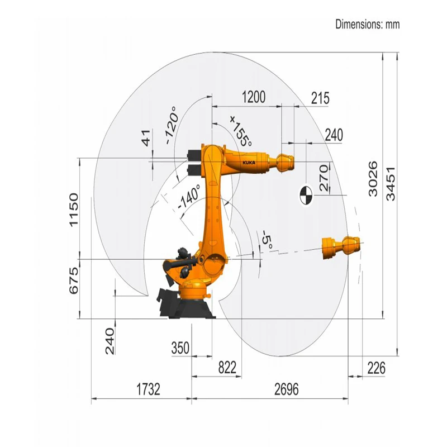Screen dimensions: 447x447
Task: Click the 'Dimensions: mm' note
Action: coord(367,24)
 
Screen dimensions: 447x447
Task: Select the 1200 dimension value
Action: coord(254,97)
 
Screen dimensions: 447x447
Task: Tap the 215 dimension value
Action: coord(320,98)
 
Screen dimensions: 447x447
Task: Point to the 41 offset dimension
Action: coord(146,138)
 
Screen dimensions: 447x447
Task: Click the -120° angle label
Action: coord(173,125)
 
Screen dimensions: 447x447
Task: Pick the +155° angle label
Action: coord(241,131)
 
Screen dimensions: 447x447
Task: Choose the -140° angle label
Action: coord(189,197)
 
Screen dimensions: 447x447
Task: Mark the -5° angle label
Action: coord(268,240)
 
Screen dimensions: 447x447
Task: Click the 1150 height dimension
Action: coord(74,210)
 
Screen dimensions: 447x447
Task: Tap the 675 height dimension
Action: coord(74,280)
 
